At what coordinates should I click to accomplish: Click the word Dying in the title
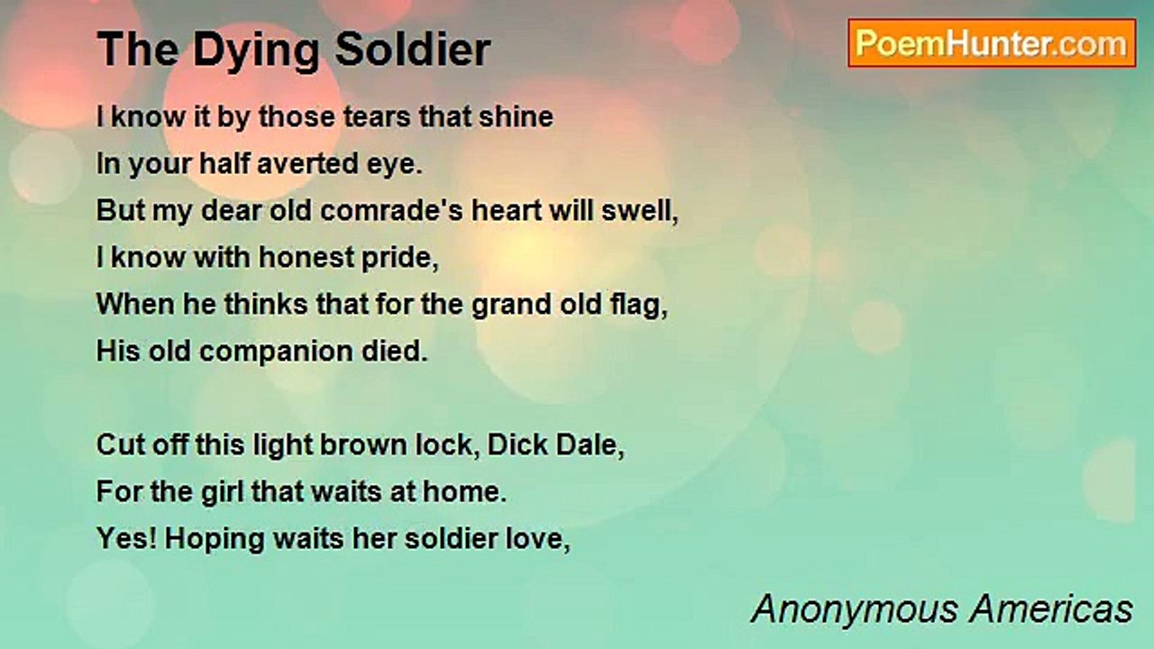(x=257, y=50)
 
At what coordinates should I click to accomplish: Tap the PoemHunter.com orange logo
(x=992, y=43)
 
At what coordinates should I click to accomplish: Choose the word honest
(x=306, y=257)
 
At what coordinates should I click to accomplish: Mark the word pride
(x=400, y=258)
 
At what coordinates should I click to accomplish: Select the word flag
(x=639, y=305)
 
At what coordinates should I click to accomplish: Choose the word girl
(x=222, y=492)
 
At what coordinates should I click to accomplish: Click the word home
(x=464, y=492)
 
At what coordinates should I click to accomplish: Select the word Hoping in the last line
(x=215, y=539)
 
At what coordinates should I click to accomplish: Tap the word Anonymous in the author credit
(x=856, y=609)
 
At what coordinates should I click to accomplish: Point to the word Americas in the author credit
(x=1050, y=608)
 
